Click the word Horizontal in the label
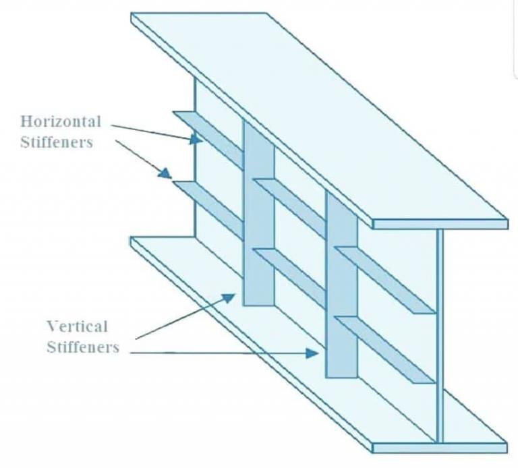[61, 122]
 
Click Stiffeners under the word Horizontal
[57, 142]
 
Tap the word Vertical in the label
[77, 327]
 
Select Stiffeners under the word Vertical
[83, 347]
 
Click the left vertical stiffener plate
[258, 216]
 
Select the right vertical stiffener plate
[341, 283]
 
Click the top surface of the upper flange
[317, 115]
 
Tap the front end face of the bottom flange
[438, 447]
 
